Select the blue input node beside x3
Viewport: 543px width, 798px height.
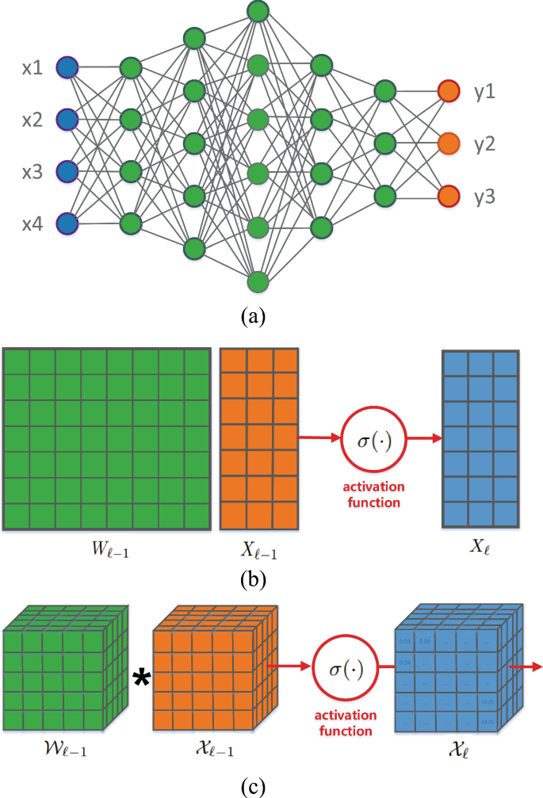pyautogui.click(x=68, y=171)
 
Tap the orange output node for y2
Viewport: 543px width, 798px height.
pyautogui.click(x=449, y=143)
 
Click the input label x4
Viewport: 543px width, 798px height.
pyautogui.click(x=33, y=224)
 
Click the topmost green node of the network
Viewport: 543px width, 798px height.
pyautogui.click(x=257, y=11)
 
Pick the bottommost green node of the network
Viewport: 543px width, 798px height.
pyautogui.click(x=257, y=281)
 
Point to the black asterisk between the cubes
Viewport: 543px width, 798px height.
pyautogui.click(x=142, y=678)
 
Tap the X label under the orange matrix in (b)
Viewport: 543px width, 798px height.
pyautogui.click(x=259, y=549)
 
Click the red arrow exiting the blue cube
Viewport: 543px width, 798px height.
pyautogui.click(x=526, y=666)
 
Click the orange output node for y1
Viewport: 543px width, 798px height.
pyautogui.click(x=449, y=92)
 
